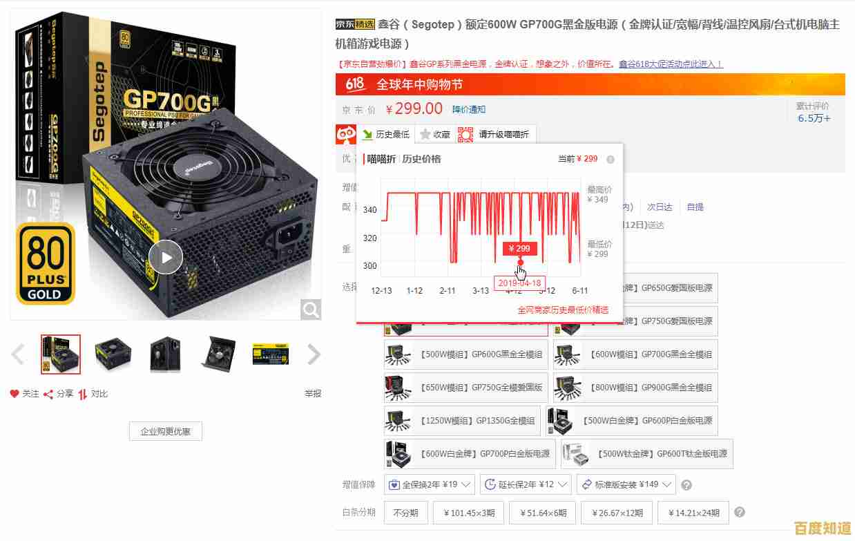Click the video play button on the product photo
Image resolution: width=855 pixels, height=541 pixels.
click(166, 258)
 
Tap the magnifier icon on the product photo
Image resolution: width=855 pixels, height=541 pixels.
click(311, 309)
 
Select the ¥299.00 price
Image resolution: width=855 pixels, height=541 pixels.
click(414, 108)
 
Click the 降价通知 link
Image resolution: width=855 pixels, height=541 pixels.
click(469, 109)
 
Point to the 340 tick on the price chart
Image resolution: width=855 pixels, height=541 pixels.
click(370, 209)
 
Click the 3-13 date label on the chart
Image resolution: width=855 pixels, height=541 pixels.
click(481, 291)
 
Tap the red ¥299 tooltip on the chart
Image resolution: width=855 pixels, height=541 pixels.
click(519, 248)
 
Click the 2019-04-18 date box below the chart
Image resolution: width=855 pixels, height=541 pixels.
click(519, 283)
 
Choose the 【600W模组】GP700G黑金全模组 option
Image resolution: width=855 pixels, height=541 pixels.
click(635, 354)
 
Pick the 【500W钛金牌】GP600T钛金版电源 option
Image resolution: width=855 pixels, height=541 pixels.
click(647, 454)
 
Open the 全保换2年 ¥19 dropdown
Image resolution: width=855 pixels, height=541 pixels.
click(430, 484)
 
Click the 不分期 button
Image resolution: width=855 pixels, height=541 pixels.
click(405, 513)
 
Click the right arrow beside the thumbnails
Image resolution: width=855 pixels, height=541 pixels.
click(314, 354)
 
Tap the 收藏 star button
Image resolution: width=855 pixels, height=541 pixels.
click(434, 134)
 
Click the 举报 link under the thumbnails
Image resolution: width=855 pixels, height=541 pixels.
click(313, 394)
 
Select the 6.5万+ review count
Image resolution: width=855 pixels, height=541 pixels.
click(814, 118)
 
